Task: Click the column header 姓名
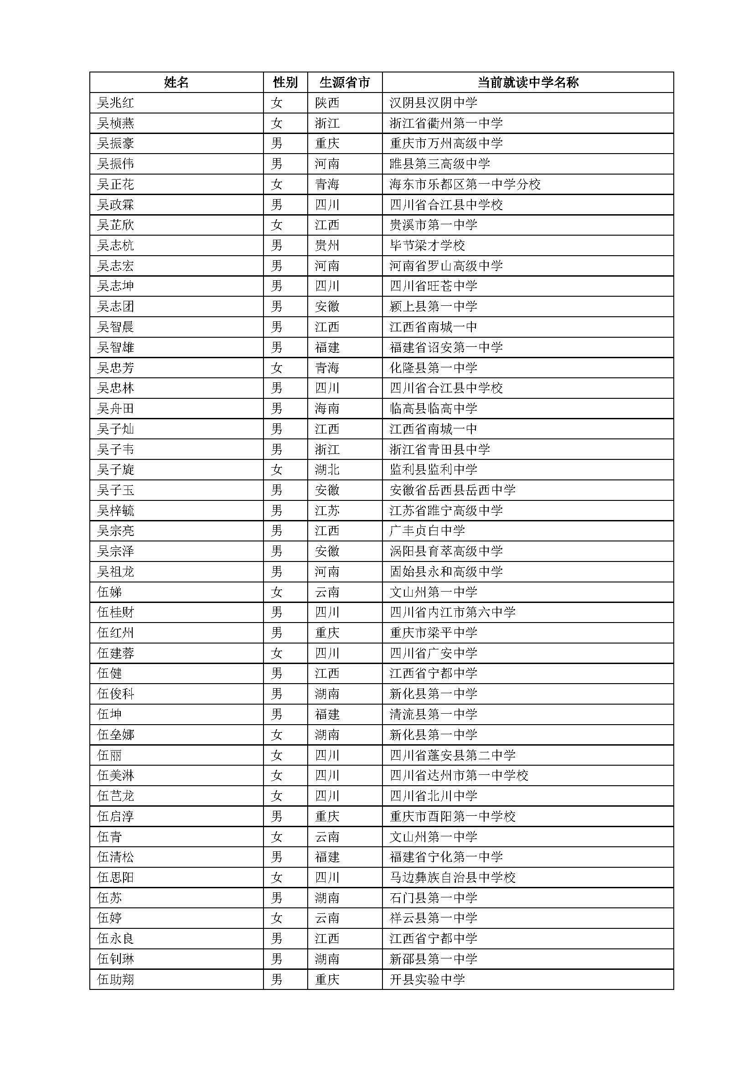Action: coord(176,82)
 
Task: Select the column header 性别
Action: coord(285,82)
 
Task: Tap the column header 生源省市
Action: coord(345,82)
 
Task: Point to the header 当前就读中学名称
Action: coord(528,82)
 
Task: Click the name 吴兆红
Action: coord(116,103)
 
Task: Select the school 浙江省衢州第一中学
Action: coord(446,123)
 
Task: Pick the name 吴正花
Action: coord(116,184)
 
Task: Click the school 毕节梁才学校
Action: coord(427,245)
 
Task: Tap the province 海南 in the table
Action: coord(327,408)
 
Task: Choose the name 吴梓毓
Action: coord(116,511)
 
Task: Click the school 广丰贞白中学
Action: coord(427,530)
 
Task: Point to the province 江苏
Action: coord(327,511)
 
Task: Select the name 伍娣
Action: coord(109,592)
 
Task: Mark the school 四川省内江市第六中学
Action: coord(453,613)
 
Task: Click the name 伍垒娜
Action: coord(116,735)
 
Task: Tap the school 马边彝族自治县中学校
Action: coord(453,877)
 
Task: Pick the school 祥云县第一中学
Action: coord(434,918)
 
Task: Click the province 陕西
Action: coord(327,103)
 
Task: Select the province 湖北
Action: coord(327,470)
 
